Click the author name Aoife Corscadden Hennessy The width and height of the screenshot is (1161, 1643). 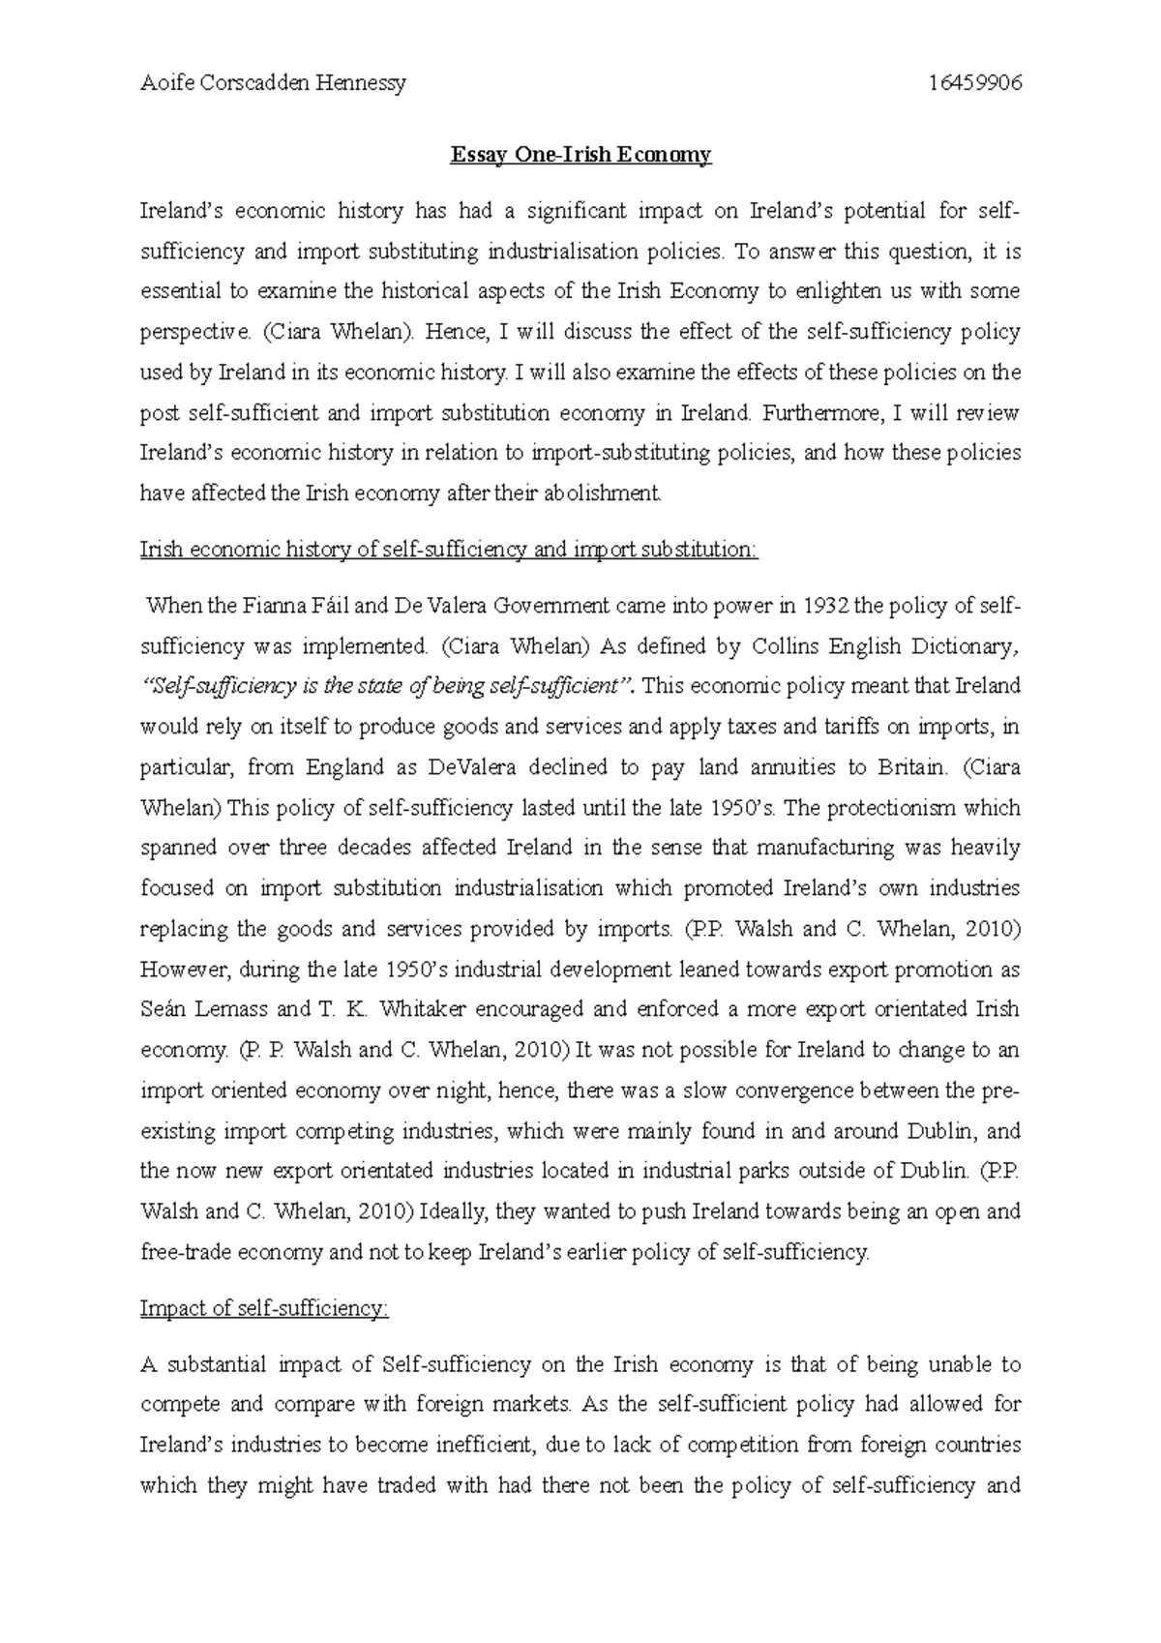(x=273, y=83)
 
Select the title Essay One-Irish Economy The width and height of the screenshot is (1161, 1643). (x=580, y=155)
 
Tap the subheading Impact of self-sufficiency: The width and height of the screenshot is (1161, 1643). (x=264, y=1308)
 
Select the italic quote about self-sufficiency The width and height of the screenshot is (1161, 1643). (x=387, y=687)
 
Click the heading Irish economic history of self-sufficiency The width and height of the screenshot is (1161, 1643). (x=450, y=551)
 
